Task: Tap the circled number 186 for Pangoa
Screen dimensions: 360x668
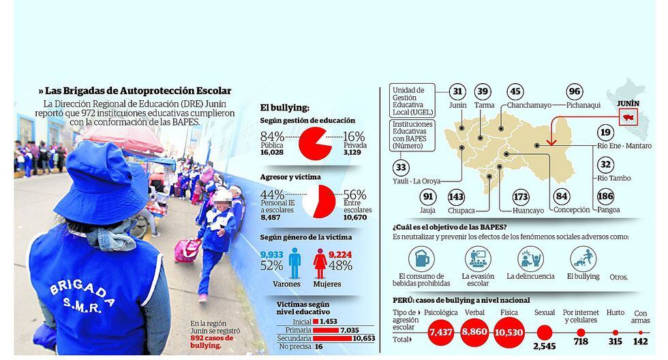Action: click(x=604, y=197)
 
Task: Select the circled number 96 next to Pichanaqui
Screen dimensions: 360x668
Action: click(x=575, y=92)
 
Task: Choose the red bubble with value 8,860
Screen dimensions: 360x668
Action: click(x=473, y=331)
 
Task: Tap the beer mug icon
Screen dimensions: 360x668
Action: click(x=421, y=259)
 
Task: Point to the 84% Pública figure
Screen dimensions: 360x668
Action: click(x=272, y=137)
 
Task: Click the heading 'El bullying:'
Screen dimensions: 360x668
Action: click(x=284, y=107)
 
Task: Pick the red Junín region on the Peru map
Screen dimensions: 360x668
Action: click(x=626, y=117)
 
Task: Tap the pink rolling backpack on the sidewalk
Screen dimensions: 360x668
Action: click(x=186, y=250)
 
